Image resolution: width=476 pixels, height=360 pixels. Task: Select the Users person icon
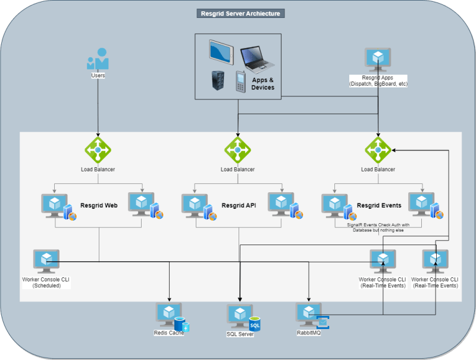pos(98,59)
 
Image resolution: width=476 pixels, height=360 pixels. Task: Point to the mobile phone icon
pos(240,82)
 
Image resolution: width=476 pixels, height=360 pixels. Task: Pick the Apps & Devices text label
pos(263,83)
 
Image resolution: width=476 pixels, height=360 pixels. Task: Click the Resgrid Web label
pos(99,205)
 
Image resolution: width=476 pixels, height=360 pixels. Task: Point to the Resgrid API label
pos(238,205)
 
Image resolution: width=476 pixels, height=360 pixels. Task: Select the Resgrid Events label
pos(379,205)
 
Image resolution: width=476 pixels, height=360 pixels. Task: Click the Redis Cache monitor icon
pos(169,314)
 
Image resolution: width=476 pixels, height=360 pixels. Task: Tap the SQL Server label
pos(240,334)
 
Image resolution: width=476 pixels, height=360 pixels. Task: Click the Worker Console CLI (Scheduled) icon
pos(46,261)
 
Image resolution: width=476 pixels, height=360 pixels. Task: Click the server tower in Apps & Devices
pos(217,81)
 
